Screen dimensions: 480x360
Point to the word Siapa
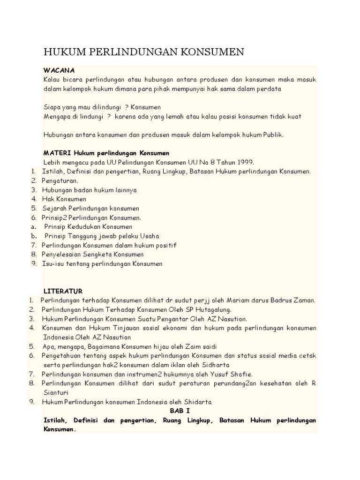click(52, 107)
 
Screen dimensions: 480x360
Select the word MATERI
click(56, 153)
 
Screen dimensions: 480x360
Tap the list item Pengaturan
click(60, 180)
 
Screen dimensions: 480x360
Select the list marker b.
click(34, 236)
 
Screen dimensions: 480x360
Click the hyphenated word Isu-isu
click(53, 263)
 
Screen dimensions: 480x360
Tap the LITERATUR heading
click(63, 291)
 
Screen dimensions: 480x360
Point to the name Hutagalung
click(210, 310)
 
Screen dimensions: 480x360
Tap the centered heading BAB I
click(180, 411)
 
